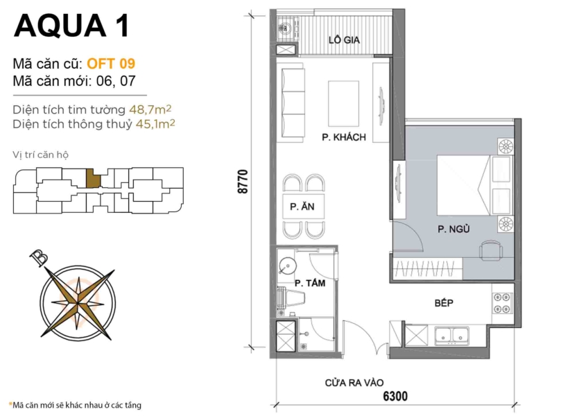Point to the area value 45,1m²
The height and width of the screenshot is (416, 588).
tap(152, 124)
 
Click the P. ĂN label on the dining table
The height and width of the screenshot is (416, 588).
tap(300, 207)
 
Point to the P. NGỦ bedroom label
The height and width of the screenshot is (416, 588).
tap(450, 228)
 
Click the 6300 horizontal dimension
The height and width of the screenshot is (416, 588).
tap(392, 397)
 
